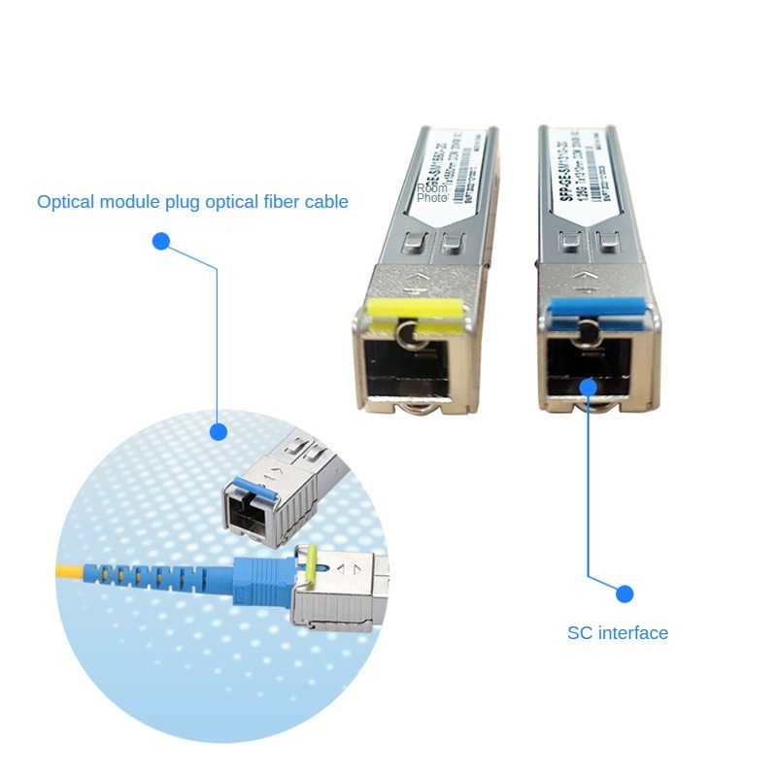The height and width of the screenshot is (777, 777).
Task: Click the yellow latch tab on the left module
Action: click(409, 308)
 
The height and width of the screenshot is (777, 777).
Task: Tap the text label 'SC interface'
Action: click(618, 633)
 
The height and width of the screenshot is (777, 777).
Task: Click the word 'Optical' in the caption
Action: click(66, 202)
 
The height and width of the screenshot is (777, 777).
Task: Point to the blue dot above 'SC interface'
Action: click(625, 593)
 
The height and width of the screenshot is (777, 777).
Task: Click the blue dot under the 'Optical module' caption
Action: click(161, 241)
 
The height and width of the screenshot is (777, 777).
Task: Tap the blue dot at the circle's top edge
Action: click(219, 431)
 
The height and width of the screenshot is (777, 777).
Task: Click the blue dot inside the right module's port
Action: click(588, 387)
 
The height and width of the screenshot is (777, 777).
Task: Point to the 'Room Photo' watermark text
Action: click(432, 192)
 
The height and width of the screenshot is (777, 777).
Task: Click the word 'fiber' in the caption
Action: click(274, 202)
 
